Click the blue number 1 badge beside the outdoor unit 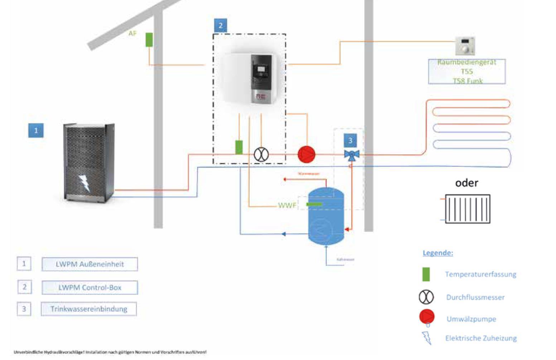(36, 130)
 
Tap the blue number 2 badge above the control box (220, 25)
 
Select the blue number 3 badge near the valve (350, 141)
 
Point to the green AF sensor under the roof (149, 40)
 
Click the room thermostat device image (465, 46)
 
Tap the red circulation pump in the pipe (306, 155)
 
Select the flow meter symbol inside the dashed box (261, 155)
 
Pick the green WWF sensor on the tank (314, 204)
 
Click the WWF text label (287, 205)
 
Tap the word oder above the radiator (466, 183)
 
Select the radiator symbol (467, 209)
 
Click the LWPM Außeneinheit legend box (90, 264)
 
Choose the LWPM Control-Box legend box (90, 287)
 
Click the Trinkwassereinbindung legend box (89, 309)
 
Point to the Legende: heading (437, 253)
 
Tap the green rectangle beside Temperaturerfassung (426, 274)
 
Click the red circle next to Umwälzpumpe (426, 317)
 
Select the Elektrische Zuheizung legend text (481, 338)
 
